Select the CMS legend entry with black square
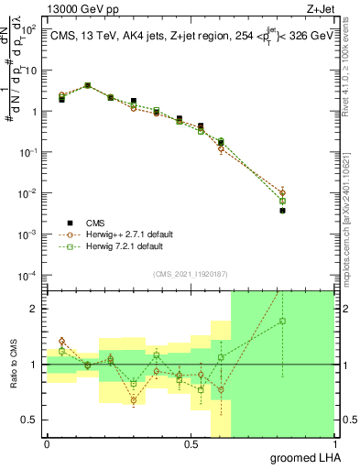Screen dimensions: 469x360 pos(71,222)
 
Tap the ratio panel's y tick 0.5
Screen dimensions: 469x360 pos(30,420)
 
